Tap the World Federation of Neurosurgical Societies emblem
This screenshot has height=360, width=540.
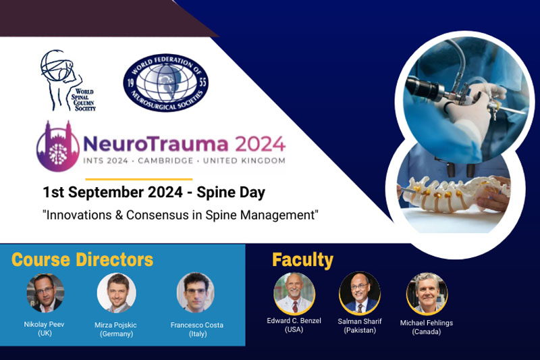tap(165, 82)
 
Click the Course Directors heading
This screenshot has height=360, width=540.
tap(82, 259)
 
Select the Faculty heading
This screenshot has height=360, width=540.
tap(302, 259)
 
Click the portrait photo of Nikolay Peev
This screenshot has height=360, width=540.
tap(45, 292)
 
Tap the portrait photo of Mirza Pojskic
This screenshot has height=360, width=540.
tap(117, 292)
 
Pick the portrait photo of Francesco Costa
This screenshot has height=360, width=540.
tap(196, 292)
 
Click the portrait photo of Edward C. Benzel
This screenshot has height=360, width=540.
tap(294, 292)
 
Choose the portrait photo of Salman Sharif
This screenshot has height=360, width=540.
tap(359, 292)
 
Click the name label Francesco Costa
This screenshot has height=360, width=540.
tap(196, 325)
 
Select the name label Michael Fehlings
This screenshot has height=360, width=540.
tap(425, 323)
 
